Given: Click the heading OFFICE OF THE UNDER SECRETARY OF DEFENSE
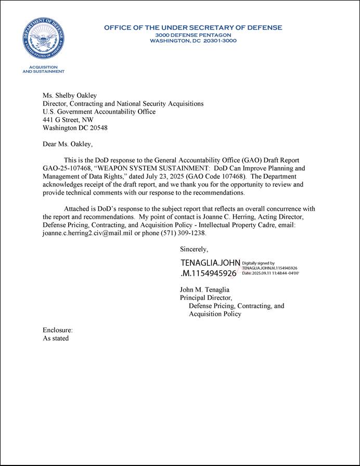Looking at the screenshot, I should point(193,28).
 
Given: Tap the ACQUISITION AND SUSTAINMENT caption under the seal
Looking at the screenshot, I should point(44,70).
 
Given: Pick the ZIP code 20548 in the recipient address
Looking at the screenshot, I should point(97,128).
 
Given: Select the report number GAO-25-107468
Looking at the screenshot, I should point(67,169).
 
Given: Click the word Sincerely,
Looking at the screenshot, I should point(194,249).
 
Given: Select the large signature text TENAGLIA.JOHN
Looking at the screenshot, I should point(210,263).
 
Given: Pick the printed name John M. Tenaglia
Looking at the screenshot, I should point(204,289).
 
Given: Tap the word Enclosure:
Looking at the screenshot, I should point(58,330).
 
